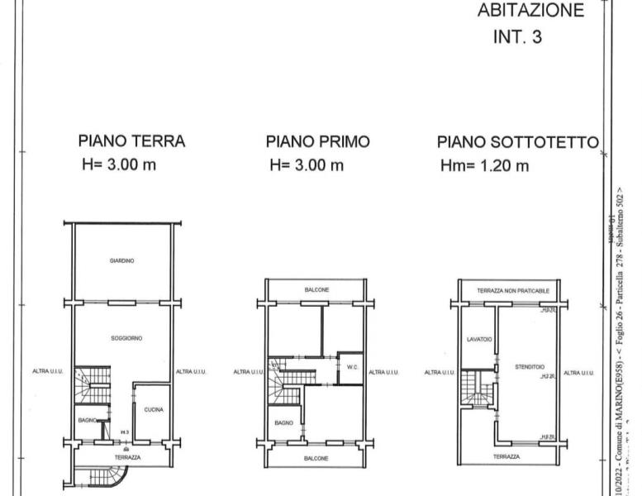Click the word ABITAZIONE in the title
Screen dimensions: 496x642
pos(530,11)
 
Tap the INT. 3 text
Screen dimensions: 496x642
pos(517,37)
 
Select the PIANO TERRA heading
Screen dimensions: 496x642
pos(131,141)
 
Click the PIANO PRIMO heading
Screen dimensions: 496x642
pos(317,141)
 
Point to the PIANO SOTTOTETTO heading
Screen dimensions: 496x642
pos(517,142)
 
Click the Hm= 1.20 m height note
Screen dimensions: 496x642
pos(485,166)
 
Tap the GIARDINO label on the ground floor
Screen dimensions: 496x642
pos(121,260)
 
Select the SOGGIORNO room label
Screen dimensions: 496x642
pos(127,338)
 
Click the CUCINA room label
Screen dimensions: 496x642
pos(154,410)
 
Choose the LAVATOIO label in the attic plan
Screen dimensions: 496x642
pos(478,338)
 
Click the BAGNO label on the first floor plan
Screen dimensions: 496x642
pos(283,422)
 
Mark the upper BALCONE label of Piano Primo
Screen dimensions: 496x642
pos(316,290)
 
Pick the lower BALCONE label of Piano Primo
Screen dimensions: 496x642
pos(316,458)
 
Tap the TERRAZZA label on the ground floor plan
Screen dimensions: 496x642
pos(127,457)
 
